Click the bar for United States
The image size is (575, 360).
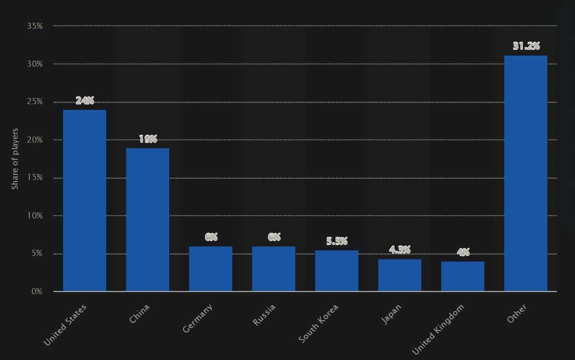pyautogui.click(x=84, y=200)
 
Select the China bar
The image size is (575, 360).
pyautogui.click(x=148, y=219)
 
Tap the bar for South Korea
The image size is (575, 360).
pyautogui.click(x=337, y=271)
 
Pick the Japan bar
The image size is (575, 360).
pyautogui.click(x=400, y=275)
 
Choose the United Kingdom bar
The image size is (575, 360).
pyautogui.click(x=463, y=276)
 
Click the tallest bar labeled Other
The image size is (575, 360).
pyautogui.click(x=525, y=173)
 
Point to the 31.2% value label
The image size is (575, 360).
pyautogui.click(x=526, y=47)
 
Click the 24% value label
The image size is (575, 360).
pyautogui.click(x=85, y=101)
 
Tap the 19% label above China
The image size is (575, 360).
pyautogui.click(x=148, y=139)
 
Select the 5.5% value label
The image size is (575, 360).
pyautogui.click(x=337, y=241)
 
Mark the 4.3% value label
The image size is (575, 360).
pyautogui.click(x=400, y=250)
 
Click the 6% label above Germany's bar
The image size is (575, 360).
pyautogui.click(x=211, y=237)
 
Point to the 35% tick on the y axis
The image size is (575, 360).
pyautogui.click(x=34, y=26)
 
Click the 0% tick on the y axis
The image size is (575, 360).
pyautogui.click(x=36, y=292)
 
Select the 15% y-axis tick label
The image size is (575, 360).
pyautogui.click(x=34, y=178)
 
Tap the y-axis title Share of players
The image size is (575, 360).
pyautogui.click(x=15, y=159)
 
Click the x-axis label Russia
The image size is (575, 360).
pyautogui.click(x=265, y=314)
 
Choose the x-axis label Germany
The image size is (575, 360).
pyautogui.click(x=198, y=318)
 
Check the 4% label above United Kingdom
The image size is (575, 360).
pyautogui.click(x=463, y=252)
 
